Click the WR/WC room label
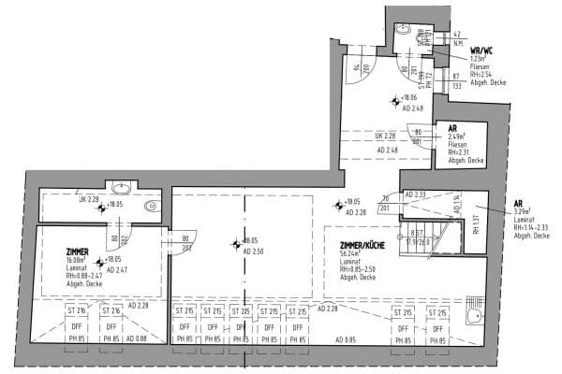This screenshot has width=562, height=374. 481,50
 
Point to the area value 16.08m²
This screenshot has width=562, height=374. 77,260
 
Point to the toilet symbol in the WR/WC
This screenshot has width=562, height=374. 404,29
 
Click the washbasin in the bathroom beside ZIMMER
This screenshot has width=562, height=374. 120,188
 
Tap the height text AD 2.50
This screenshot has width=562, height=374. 255,252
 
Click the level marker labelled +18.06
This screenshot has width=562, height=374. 408,97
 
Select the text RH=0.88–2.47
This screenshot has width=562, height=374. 86,277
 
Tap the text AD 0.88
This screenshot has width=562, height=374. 137,338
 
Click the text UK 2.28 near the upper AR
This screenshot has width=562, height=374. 386,134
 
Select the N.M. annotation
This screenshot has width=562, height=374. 457,43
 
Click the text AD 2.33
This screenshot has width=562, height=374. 417,194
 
